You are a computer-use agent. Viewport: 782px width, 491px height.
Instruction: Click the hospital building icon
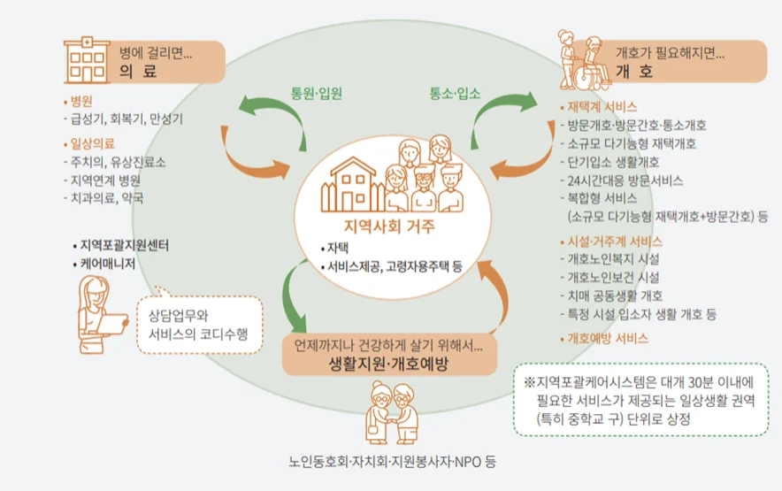point(87,59)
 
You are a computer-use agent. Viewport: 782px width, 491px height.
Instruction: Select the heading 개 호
point(633,71)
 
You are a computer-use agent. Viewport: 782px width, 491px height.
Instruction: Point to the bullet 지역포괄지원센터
point(123,244)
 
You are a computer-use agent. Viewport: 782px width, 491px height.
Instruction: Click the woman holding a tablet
point(97,310)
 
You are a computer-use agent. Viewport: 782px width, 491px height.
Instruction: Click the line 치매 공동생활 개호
point(616,295)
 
